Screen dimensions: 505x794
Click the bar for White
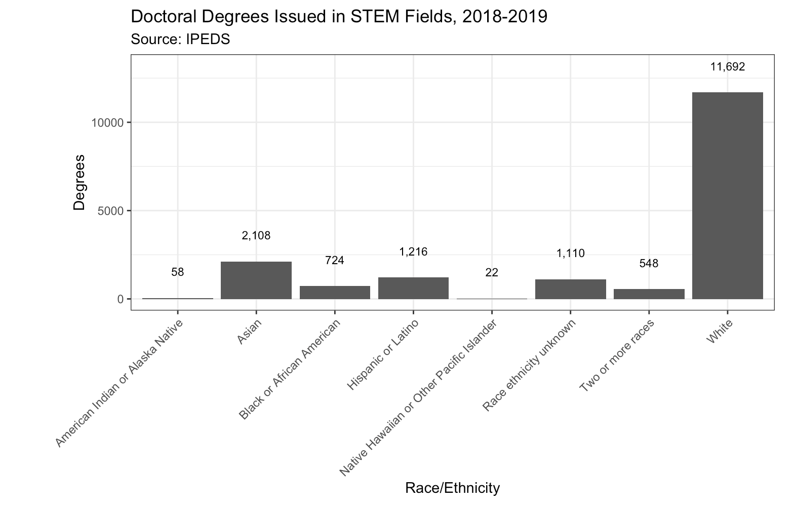tap(727, 195)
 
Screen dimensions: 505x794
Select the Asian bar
tap(256, 280)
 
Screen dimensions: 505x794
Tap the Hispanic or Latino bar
tap(413, 288)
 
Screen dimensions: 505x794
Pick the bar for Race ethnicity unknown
tap(570, 289)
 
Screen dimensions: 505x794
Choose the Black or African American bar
tap(335, 293)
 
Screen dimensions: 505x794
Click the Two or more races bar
tap(649, 294)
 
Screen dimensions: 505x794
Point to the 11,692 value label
tap(728, 67)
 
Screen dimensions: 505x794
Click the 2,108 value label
tap(256, 236)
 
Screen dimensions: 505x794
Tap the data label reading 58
tap(178, 272)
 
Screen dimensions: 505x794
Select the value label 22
tap(492, 273)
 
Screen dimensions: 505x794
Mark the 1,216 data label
tap(413, 252)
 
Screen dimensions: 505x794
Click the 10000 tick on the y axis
tap(108, 123)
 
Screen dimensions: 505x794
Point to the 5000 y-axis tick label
tap(111, 211)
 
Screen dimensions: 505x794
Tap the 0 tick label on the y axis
tap(121, 299)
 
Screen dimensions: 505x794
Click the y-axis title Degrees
tap(80, 182)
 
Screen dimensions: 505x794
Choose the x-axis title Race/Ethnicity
tap(452, 488)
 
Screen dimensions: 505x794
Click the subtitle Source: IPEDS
tap(180, 40)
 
